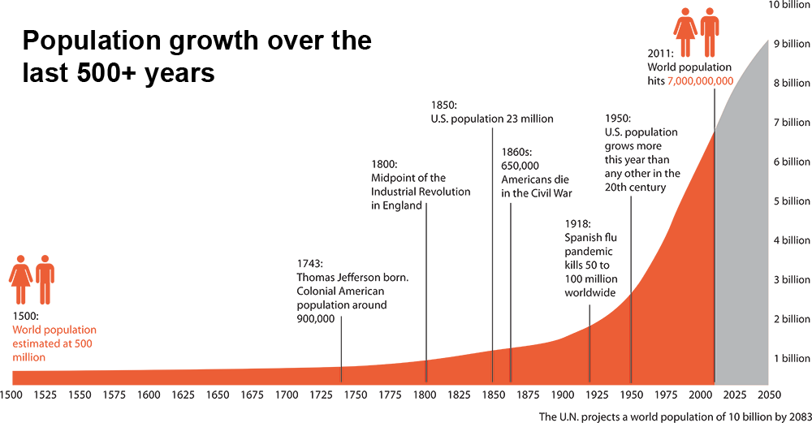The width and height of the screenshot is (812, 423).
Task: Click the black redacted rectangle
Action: (197, 58)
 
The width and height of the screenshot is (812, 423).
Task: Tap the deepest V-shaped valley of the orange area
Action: (341, 366)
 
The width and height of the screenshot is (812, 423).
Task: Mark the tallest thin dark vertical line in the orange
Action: (630, 337)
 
